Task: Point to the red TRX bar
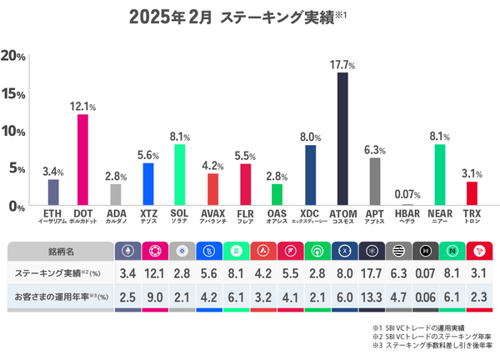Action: [472, 193]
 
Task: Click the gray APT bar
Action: [375, 182]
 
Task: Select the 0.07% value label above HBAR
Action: [407, 195]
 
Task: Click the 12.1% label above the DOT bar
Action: [83, 107]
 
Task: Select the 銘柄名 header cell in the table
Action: [57, 250]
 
